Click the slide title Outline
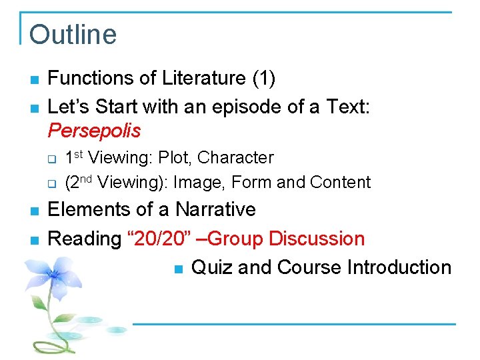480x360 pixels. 73,35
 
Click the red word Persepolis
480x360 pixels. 94,130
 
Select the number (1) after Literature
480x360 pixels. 263,78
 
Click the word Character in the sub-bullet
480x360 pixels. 236,158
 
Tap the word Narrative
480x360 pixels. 215,209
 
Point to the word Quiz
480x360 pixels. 212,267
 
